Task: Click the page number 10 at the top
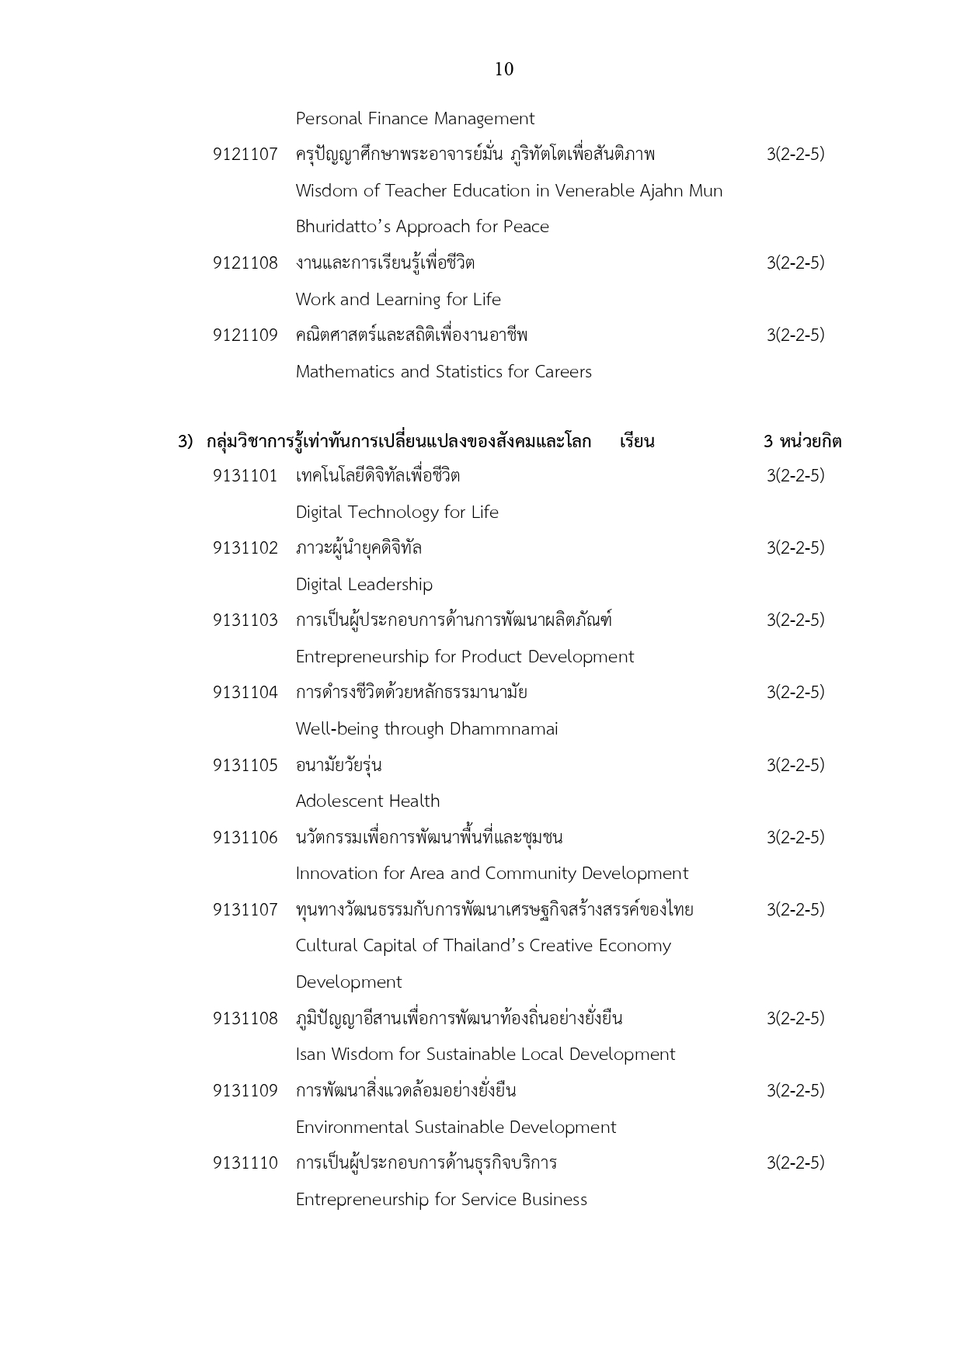click(x=503, y=70)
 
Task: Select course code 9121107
click(x=245, y=155)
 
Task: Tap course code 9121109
click(x=245, y=335)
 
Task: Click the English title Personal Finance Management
click(x=415, y=119)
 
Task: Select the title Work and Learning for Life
click(x=398, y=300)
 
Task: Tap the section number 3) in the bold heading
click(x=185, y=442)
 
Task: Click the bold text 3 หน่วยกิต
click(x=802, y=442)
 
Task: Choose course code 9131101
click(x=245, y=476)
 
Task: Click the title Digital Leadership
click(x=364, y=585)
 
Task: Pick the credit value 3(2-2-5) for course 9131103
click(x=795, y=620)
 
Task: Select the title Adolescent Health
click(x=367, y=801)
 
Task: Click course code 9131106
click(x=245, y=838)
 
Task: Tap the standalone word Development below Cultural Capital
click(x=348, y=982)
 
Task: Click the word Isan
click(x=311, y=1055)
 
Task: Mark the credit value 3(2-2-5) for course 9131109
click(x=795, y=1091)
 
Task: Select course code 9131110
click(x=245, y=1163)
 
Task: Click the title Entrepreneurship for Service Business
click(x=440, y=1200)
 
